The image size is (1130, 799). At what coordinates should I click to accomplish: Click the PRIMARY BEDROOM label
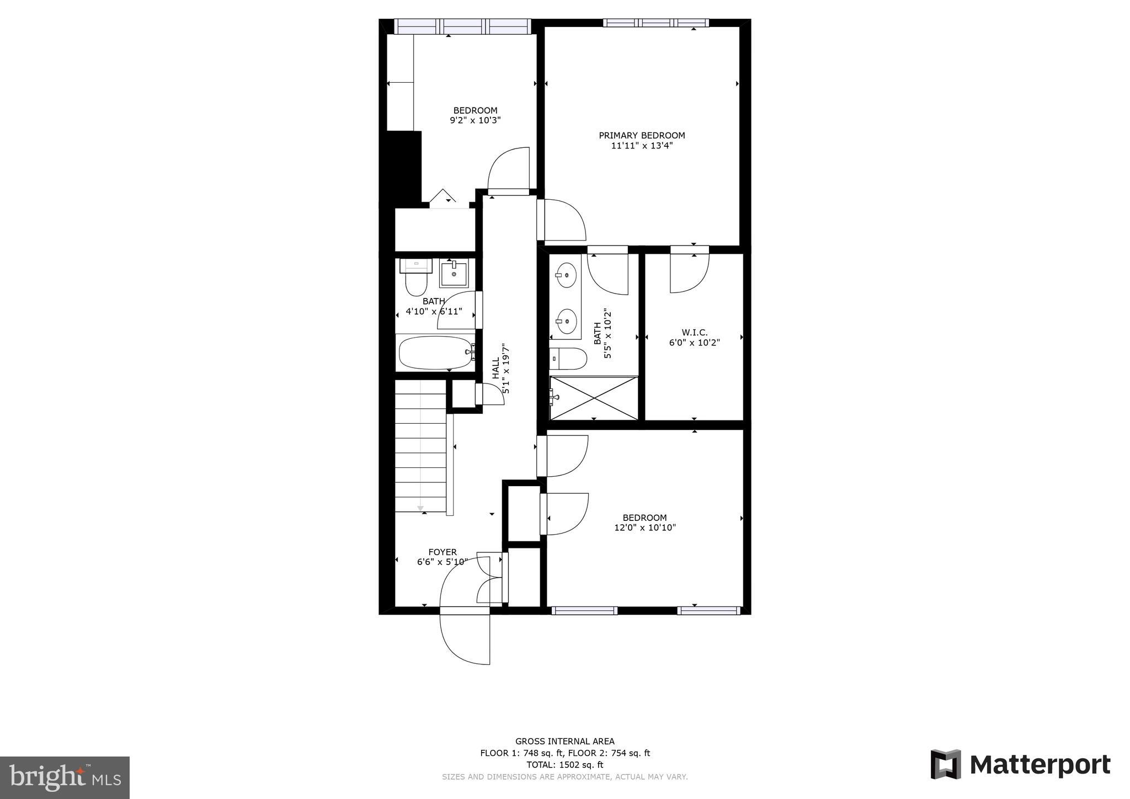tap(642, 135)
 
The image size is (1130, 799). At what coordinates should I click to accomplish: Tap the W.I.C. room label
tap(694, 332)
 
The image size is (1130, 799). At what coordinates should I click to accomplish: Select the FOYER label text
tap(443, 552)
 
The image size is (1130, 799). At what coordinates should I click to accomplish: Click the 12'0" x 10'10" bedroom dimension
tap(644, 528)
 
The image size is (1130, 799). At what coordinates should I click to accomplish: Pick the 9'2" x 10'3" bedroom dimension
tap(475, 120)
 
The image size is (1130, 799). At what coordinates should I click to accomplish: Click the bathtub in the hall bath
tap(435, 353)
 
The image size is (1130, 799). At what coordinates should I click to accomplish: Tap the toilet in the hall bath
tap(416, 283)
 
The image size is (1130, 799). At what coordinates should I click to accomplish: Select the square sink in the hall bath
tap(454, 275)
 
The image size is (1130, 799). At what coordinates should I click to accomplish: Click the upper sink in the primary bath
tap(566, 274)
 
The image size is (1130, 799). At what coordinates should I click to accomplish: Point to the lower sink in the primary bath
tap(566, 319)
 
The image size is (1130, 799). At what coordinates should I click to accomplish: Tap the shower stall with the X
tap(594, 398)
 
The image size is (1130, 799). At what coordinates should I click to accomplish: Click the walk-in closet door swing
tap(689, 274)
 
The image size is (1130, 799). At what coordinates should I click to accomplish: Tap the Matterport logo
tap(1020, 765)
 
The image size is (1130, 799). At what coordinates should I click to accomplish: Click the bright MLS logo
tap(65, 778)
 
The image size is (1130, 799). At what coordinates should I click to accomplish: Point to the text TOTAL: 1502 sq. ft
tap(564, 765)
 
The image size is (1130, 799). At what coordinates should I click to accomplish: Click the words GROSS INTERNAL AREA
tap(564, 741)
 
